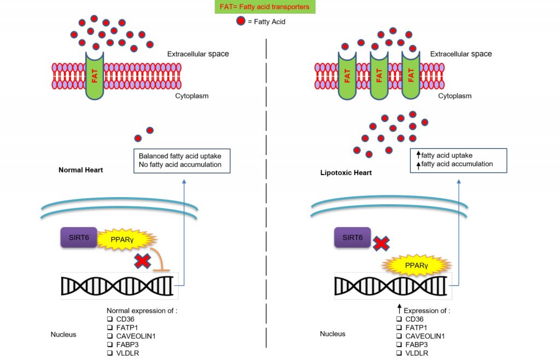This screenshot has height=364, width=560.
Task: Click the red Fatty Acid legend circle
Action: (x=240, y=21)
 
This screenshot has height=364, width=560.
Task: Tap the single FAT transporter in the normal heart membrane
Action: (x=95, y=76)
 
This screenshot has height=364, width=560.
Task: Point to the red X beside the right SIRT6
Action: (x=381, y=244)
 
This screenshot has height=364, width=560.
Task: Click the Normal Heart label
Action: (x=80, y=170)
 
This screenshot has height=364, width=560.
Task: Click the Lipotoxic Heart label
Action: (x=346, y=173)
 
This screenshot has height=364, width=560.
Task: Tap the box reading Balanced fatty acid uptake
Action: (x=182, y=160)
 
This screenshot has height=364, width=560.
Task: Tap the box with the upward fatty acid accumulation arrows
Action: (x=458, y=160)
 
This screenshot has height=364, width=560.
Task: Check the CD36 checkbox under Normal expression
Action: (x=109, y=319)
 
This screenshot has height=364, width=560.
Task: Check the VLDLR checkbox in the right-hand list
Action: (x=398, y=354)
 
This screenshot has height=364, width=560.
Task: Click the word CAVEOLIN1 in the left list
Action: (x=136, y=336)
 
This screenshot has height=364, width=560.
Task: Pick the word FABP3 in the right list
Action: (x=417, y=345)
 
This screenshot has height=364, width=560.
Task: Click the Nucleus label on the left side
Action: (x=63, y=334)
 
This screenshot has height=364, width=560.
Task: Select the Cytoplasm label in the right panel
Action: (x=454, y=96)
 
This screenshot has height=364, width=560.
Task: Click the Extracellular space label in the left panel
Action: (x=198, y=54)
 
